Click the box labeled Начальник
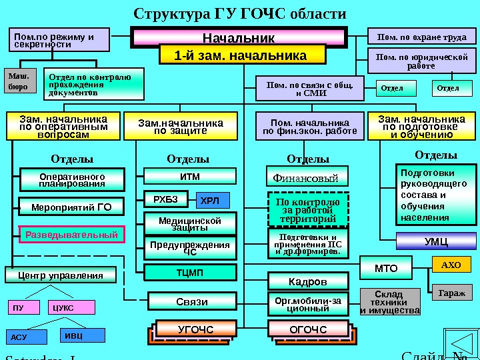coord(239,37)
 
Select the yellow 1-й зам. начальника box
coord(241,55)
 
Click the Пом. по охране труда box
coord(422,37)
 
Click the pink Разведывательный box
coord(71,235)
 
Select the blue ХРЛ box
coord(213,200)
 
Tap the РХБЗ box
coord(166,199)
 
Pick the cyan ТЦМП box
coord(190,272)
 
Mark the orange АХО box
coord(451,265)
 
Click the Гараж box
coord(451,292)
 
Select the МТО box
coord(386,269)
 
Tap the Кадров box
coord(307,281)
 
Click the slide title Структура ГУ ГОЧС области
coord(240,14)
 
